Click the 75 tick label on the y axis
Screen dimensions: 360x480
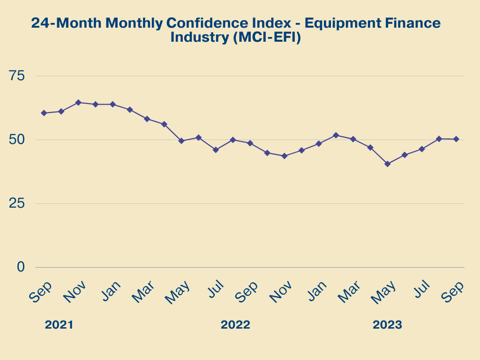point(20,76)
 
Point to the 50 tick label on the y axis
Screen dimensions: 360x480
point(20,140)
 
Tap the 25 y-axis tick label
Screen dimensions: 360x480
point(20,203)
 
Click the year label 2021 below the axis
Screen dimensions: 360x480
point(59,325)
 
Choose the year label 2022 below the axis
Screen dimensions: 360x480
point(235,325)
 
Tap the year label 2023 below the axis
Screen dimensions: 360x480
point(387,325)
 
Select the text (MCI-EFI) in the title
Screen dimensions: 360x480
point(266,37)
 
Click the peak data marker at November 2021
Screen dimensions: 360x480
point(78,102)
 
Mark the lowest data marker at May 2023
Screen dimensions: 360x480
point(387,164)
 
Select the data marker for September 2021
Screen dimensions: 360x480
point(44,113)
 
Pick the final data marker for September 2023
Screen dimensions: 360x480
point(456,139)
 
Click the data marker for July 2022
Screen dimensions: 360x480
point(216,150)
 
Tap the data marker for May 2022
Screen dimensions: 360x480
point(181,141)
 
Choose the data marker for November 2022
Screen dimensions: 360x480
point(284,156)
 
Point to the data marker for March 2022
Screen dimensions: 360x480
point(147,119)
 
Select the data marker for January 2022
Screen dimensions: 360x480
point(112,104)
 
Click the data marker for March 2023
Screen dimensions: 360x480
point(353,139)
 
